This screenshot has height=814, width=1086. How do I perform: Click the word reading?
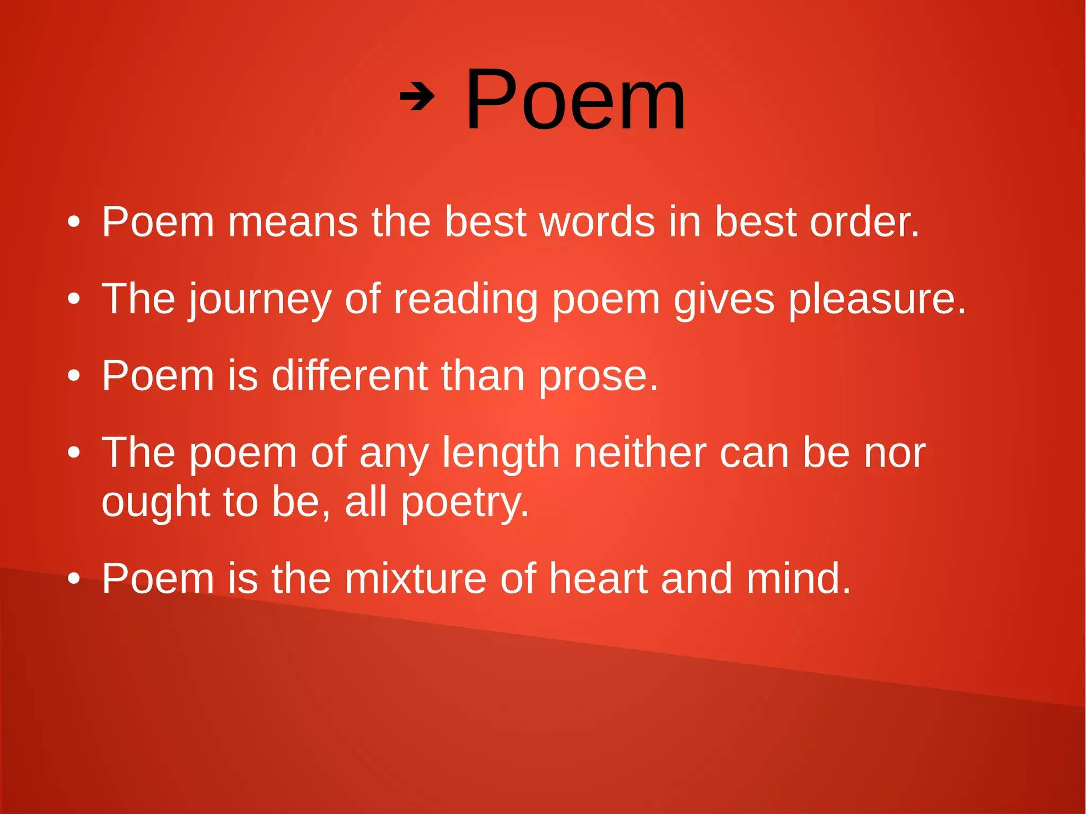(x=466, y=300)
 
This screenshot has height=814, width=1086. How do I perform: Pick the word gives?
(x=724, y=300)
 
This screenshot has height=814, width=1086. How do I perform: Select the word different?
(x=349, y=376)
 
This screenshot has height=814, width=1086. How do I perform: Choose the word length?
(x=501, y=454)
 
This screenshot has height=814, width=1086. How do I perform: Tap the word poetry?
(x=465, y=503)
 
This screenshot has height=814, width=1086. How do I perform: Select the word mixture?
(x=415, y=579)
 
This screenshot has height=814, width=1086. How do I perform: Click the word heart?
(x=598, y=579)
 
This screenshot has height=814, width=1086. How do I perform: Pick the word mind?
(x=798, y=579)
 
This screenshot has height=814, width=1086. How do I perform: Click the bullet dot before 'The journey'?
(x=74, y=299)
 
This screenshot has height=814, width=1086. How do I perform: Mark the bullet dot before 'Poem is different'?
(x=74, y=376)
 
